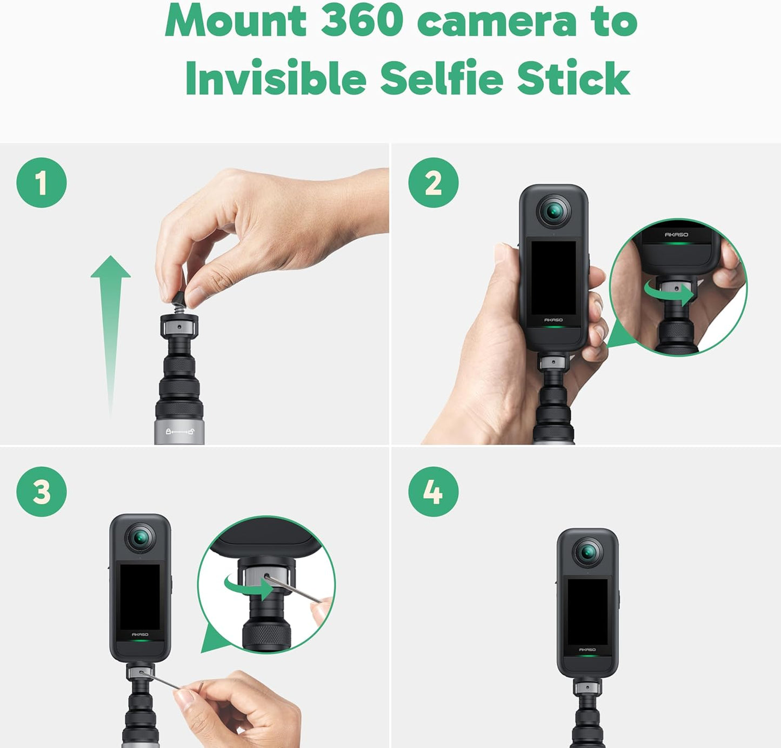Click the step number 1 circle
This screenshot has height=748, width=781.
(42, 183)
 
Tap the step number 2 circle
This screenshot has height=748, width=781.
(433, 183)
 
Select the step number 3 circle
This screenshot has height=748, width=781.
(42, 492)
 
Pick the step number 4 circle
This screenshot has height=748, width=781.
(433, 492)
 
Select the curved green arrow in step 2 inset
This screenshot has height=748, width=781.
(669, 293)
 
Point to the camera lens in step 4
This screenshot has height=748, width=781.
(588, 552)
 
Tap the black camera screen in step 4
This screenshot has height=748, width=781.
(588, 611)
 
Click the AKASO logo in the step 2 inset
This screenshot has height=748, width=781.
(676, 235)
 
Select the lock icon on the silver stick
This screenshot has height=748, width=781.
(169, 432)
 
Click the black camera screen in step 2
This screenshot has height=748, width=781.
(553, 277)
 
